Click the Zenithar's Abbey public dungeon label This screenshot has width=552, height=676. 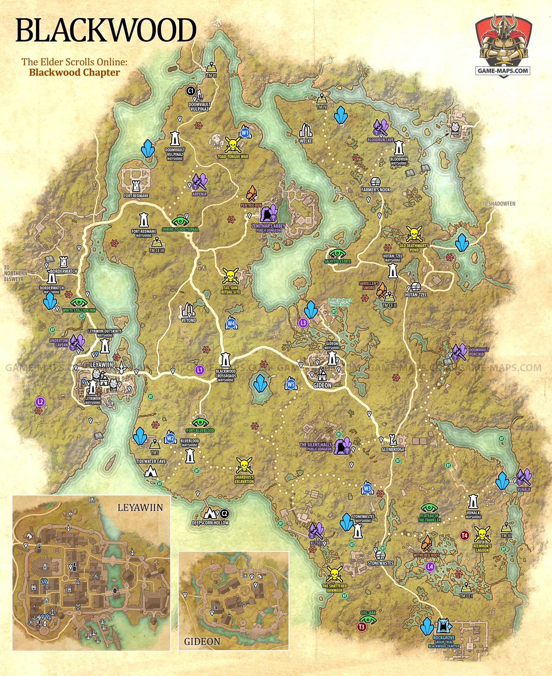(268, 228)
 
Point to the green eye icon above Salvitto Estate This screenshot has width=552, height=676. (337, 253)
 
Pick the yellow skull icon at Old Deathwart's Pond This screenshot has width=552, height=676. (414, 234)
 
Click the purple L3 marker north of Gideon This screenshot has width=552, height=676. (303, 323)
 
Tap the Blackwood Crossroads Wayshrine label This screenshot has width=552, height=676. (226, 375)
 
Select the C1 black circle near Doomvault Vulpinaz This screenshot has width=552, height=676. (191, 91)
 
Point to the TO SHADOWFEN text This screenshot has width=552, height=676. (498, 204)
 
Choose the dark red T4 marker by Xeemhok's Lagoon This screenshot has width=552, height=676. (465, 535)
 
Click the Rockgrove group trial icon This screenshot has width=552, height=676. (443, 626)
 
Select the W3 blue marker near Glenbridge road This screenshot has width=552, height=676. (367, 488)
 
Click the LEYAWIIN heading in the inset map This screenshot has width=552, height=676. (140, 507)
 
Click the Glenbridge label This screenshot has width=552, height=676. (393, 449)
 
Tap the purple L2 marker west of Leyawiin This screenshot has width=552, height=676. (40, 402)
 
